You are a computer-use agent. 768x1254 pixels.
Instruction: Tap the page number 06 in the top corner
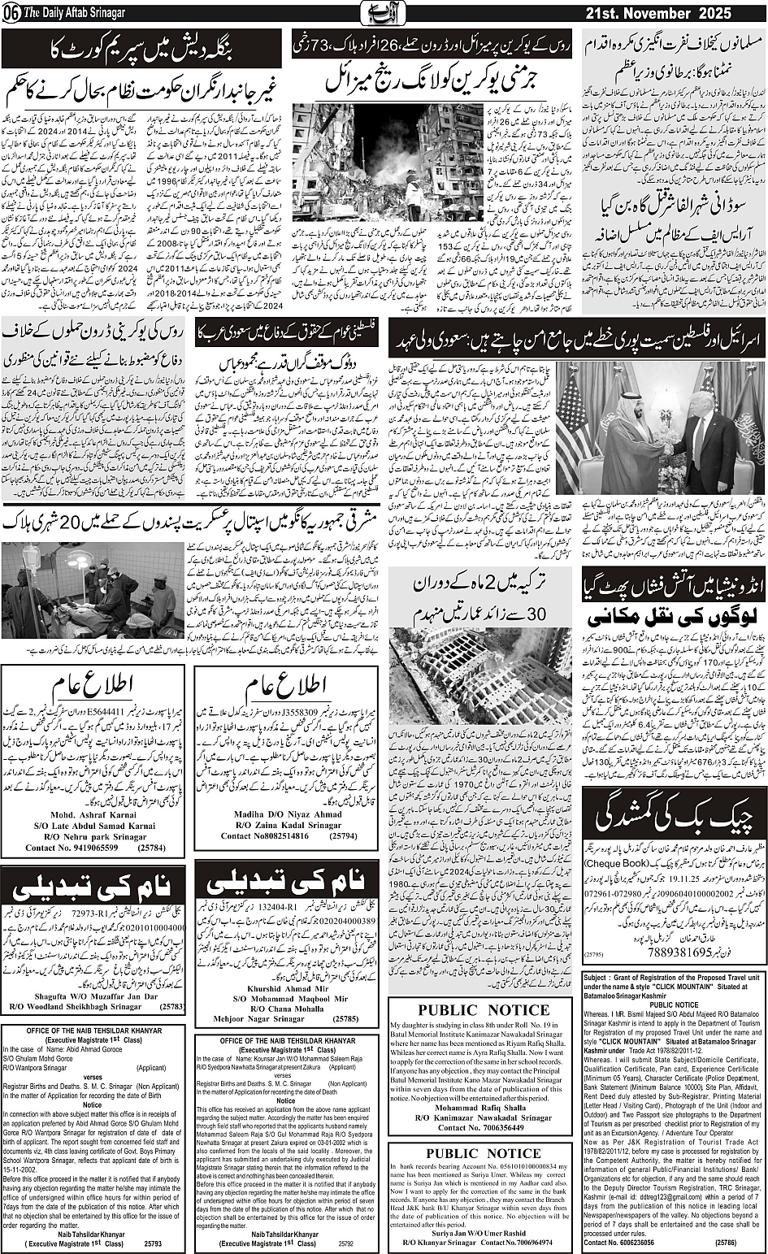pos(11,14)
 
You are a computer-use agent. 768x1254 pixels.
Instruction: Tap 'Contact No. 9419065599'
pos(72,848)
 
